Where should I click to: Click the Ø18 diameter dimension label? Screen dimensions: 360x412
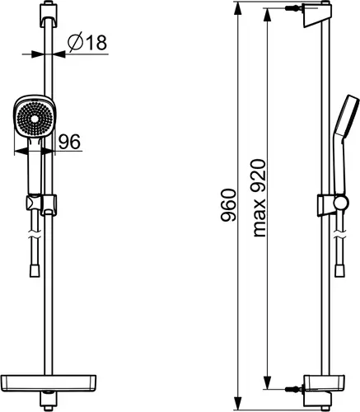[x=87, y=42]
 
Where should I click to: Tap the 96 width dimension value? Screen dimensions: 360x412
[x=69, y=142]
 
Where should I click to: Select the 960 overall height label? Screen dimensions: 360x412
[x=228, y=205]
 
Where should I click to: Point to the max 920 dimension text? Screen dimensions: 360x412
[x=259, y=198]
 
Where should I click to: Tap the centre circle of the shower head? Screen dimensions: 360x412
[x=35, y=119]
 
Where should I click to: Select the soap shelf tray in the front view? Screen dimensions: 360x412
[x=49, y=382]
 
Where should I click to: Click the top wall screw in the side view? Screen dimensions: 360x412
[x=294, y=8]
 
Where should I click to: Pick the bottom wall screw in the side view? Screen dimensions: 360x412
[x=294, y=389]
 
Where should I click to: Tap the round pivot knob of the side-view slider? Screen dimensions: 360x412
[x=341, y=204]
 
